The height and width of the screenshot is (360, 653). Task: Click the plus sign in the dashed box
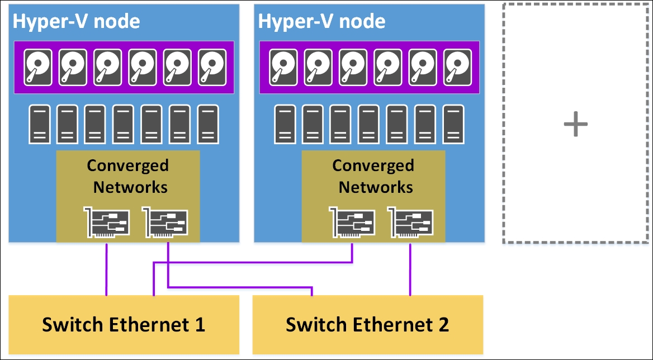pyautogui.click(x=575, y=124)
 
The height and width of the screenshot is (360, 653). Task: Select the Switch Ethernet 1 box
pyautogui.click(x=124, y=324)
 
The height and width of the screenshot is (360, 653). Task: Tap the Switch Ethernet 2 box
pyautogui.click(x=367, y=324)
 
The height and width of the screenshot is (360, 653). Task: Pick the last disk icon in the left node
pyautogui.click(x=212, y=68)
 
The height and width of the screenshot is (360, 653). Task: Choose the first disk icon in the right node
pyautogui.click(x=283, y=68)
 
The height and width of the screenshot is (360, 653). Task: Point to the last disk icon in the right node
pyautogui.click(x=458, y=68)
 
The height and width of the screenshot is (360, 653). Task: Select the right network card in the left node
pyautogui.click(x=165, y=223)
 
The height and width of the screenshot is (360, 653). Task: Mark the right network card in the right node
pyautogui.click(x=411, y=223)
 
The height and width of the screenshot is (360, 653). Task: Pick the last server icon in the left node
pyautogui.click(x=208, y=124)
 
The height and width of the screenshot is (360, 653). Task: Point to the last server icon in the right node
pyautogui.click(x=453, y=124)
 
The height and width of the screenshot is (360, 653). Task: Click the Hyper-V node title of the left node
pyautogui.click(x=76, y=22)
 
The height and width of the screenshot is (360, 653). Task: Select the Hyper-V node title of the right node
pyautogui.click(x=321, y=22)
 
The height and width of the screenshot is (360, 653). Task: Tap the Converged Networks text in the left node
pyautogui.click(x=128, y=176)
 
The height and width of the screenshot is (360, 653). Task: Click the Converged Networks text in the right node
pyautogui.click(x=373, y=176)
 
